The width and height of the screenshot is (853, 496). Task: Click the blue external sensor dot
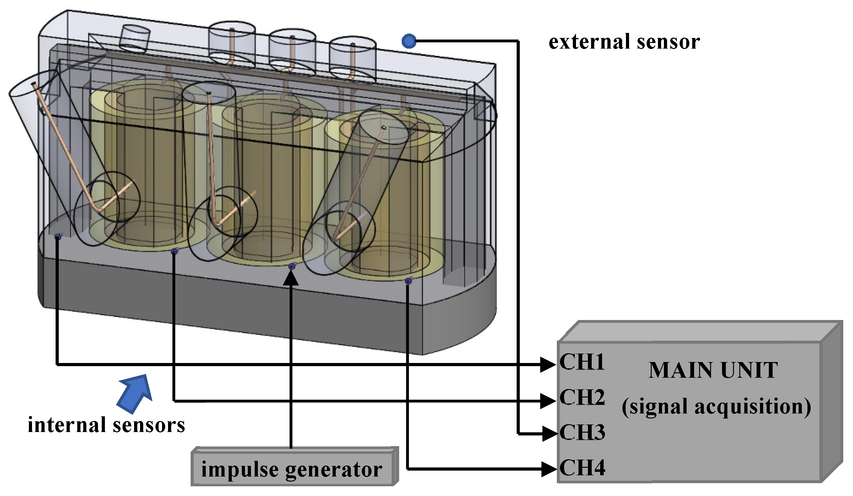pyautogui.click(x=409, y=41)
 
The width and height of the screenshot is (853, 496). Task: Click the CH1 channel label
pyautogui.click(x=582, y=362)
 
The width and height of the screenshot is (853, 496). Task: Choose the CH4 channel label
pyautogui.click(x=582, y=468)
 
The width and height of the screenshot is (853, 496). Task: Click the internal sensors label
pyautogui.click(x=106, y=425)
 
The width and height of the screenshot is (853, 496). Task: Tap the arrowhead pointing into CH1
pyautogui.click(x=548, y=365)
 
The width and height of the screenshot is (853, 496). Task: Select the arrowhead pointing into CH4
pyautogui.click(x=548, y=469)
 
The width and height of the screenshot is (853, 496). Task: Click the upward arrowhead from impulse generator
pyautogui.click(x=291, y=278)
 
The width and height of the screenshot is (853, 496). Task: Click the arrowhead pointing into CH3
pyautogui.click(x=549, y=434)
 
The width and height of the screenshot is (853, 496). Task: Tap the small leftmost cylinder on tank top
pyautogui.click(x=135, y=38)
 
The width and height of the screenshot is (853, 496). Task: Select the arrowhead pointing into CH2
pyautogui.click(x=548, y=401)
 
